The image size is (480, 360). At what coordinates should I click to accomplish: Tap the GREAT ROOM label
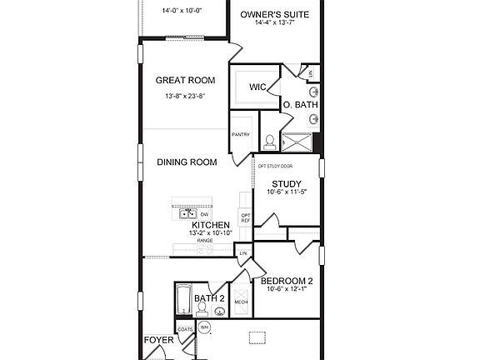point(185,81)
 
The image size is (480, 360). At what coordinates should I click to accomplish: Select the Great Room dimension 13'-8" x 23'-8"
point(185,97)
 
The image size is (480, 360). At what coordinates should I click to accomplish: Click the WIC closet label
point(257,87)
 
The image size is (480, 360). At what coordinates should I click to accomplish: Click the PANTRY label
point(240,134)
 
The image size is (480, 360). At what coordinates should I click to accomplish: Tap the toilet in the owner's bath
point(270,142)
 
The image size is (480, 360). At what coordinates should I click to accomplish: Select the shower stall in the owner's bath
point(296,143)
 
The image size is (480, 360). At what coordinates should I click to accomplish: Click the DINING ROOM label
point(187,162)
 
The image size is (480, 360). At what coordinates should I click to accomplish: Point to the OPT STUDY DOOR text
point(275,166)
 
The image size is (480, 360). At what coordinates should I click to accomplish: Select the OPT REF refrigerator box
point(245,218)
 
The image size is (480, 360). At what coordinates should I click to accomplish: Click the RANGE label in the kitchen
point(204,240)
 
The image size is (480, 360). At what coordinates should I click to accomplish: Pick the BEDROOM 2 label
point(287,280)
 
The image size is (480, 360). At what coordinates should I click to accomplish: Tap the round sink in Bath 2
point(219,312)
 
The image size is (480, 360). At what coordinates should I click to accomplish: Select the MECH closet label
point(241,302)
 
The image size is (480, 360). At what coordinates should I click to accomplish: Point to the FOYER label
point(158,340)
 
